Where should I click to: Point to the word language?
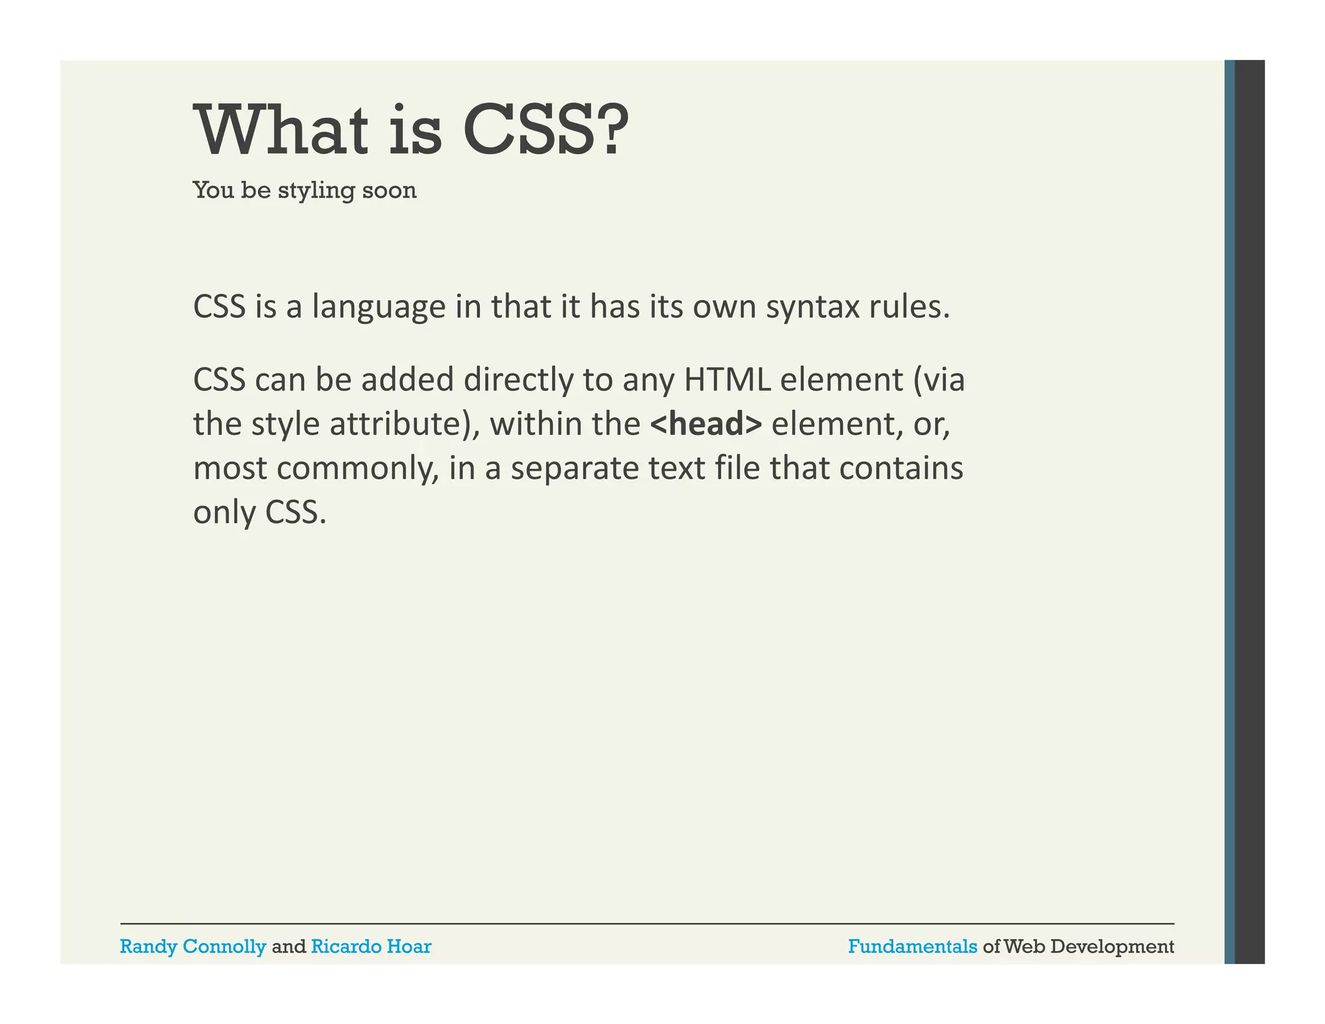pos(378,307)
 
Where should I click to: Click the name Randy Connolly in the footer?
pos(193,947)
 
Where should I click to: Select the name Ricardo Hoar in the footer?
pos(371,947)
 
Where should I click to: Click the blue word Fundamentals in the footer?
pos(912,947)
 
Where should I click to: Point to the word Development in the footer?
pos(1112,947)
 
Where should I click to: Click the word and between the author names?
pos(289,947)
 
